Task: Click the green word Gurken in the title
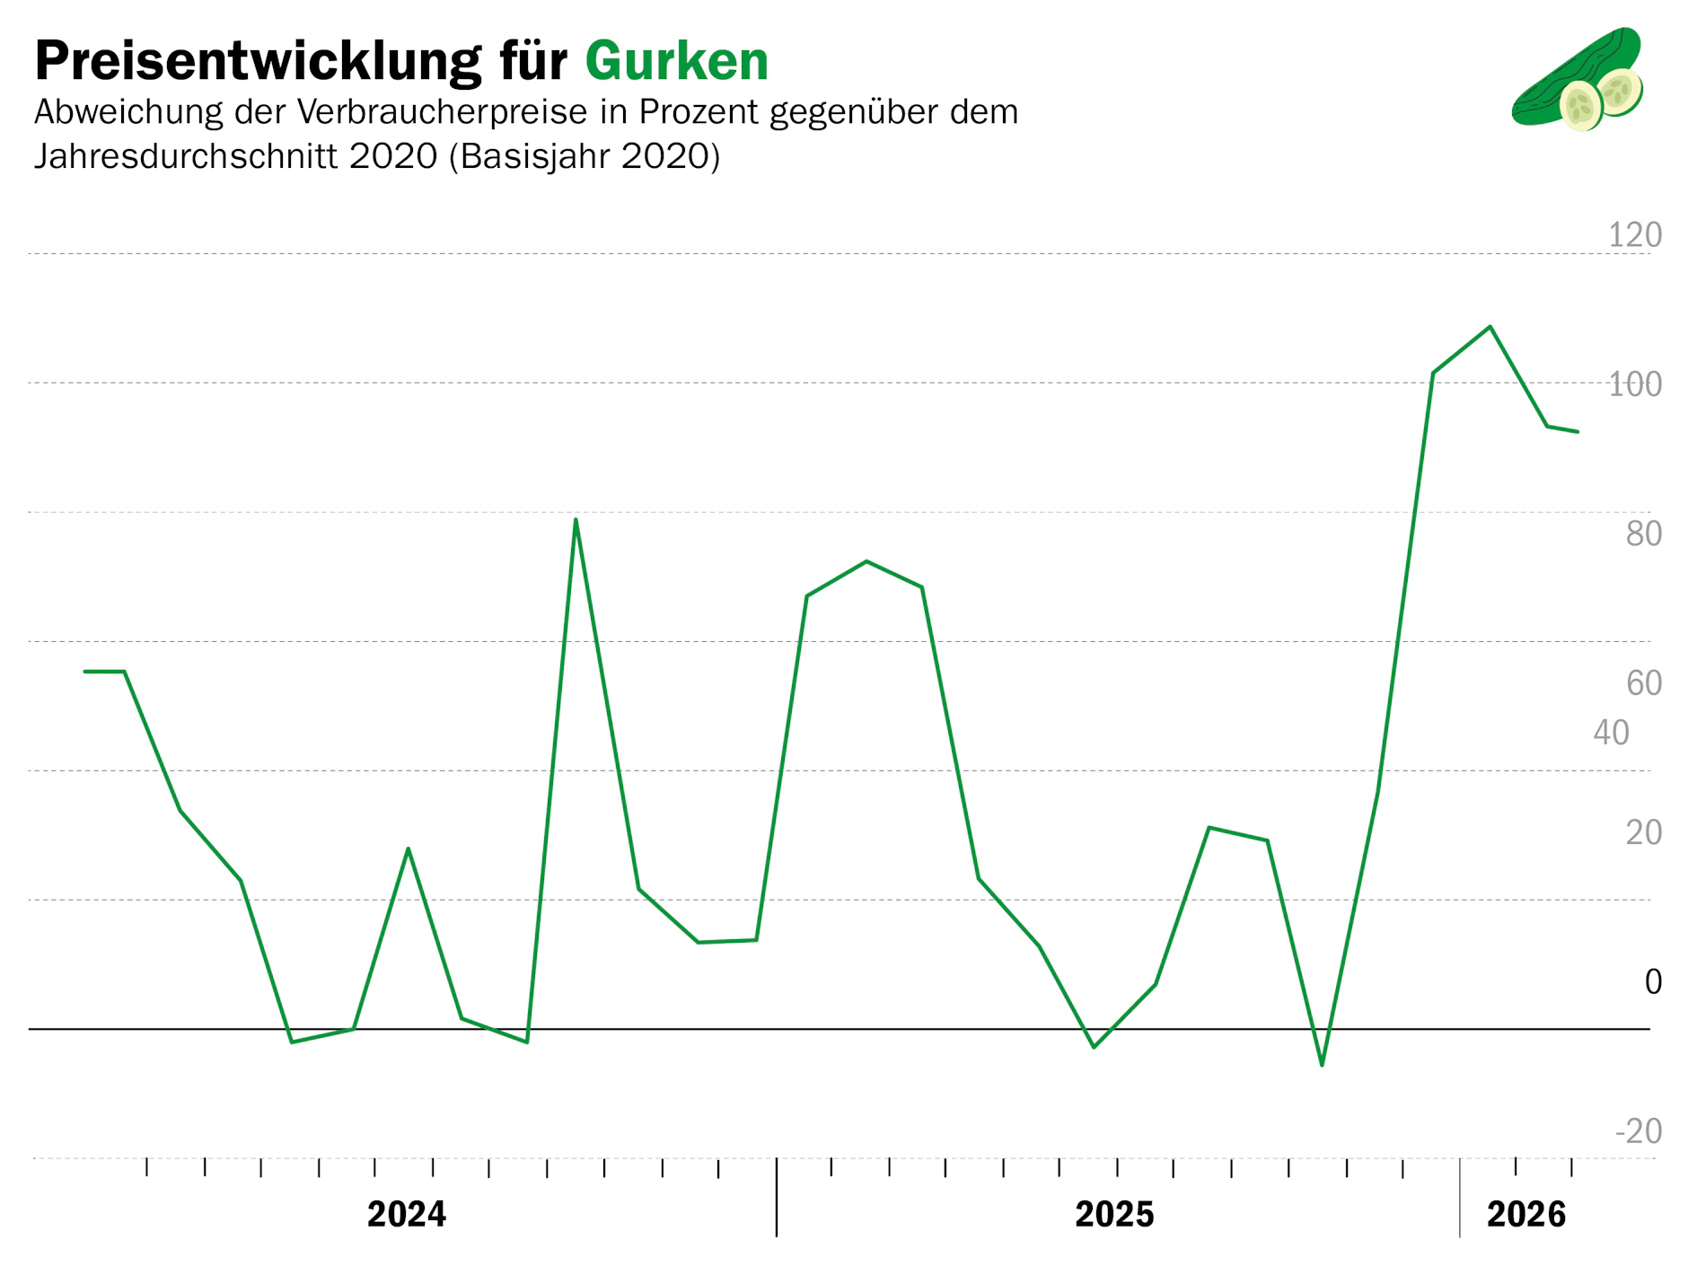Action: click(x=676, y=61)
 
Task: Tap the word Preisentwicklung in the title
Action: click(x=257, y=61)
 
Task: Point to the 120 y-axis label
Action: click(x=1634, y=235)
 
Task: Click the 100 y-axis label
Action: click(x=1634, y=384)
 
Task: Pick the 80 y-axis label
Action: click(x=1643, y=533)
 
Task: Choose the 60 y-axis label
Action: click(x=1643, y=683)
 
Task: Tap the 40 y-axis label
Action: click(x=1611, y=733)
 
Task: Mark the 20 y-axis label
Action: click(x=1643, y=832)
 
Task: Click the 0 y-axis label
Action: click(x=1652, y=981)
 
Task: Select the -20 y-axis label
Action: click(x=1638, y=1131)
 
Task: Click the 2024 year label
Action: click(x=407, y=1215)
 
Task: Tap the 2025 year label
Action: click(x=1114, y=1215)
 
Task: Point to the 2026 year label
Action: click(x=1526, y=1215)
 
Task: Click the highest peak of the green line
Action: click(x=1490, y=327)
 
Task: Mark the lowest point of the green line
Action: click(x=1322, y=1065)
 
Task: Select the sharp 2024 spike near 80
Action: click(x=576, y=520)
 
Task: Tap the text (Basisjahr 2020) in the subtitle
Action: click(x=585, y=156)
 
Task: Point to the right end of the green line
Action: click(x=1577, y=432)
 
